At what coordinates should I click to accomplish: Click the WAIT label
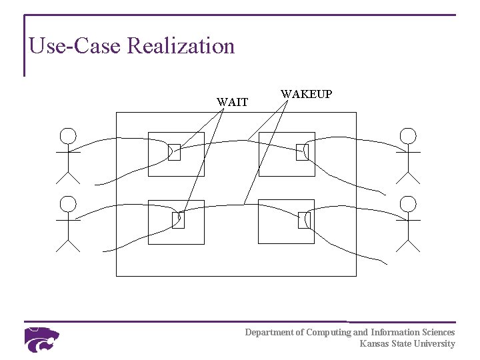(232, 103)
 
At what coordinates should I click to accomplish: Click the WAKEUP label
(306, 95)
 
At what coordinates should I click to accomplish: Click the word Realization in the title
(181, 46)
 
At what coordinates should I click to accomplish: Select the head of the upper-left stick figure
(68, 137)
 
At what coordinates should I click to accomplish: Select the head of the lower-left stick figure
(68, 204)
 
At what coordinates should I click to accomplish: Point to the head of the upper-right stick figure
(408, 137)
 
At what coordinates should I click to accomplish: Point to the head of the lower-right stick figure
(408, 204)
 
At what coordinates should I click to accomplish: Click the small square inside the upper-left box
(175, 152)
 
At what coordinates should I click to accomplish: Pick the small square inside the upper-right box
(302, 152)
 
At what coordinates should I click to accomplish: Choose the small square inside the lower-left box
(178, 219)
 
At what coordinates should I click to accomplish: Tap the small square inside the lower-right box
(304, 219)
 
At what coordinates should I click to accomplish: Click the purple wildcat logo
(41, 339)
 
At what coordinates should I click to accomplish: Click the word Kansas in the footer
(374, 344)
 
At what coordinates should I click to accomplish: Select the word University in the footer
(435, 344)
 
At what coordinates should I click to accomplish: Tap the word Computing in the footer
(328, 332)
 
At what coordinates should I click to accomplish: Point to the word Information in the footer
(394, 332)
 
